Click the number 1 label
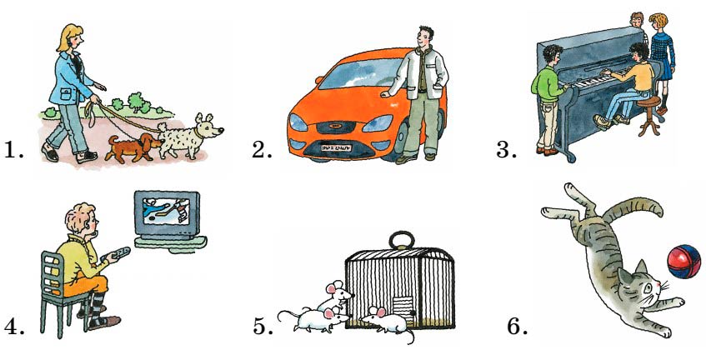(x=13, y=149)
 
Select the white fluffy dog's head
(x=208, y=127)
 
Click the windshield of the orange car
(x=360, y=74)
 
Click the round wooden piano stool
(x=649, y=118)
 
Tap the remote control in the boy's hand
(x=116, y=254)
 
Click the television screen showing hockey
(x=167, y=212)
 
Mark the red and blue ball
(x=684, y=262)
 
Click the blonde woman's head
(x=72, y=38)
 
